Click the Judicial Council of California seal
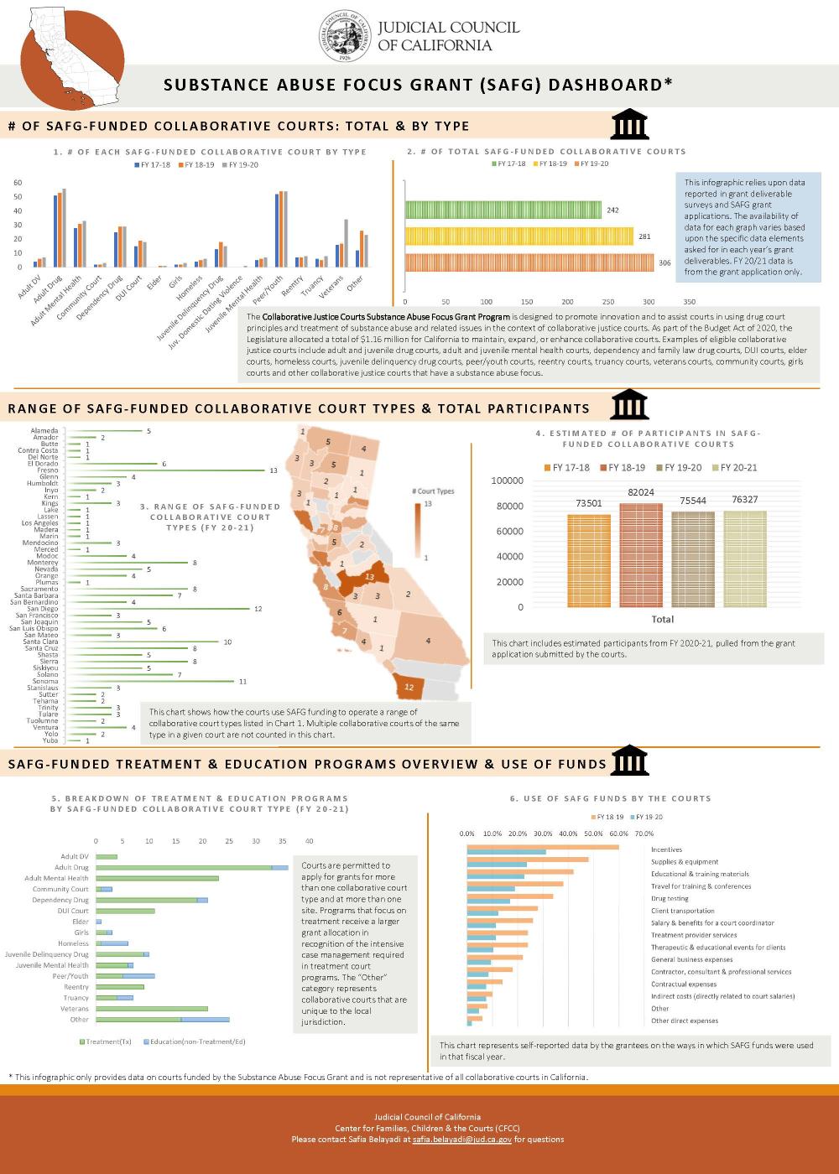(x=345, y=38)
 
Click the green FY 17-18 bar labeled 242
(x=503, y=210)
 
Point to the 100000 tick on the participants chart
(x=507, y=481)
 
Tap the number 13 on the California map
(x=369, y=577)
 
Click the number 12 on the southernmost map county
(x=409, y=687)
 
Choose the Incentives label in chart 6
(x=666, y=849)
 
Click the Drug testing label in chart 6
(x=670, y=898)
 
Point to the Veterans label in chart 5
(x=75, y=1009)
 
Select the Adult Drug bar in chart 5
(x=191, y=868)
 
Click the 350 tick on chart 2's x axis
(x=690, y=301)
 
